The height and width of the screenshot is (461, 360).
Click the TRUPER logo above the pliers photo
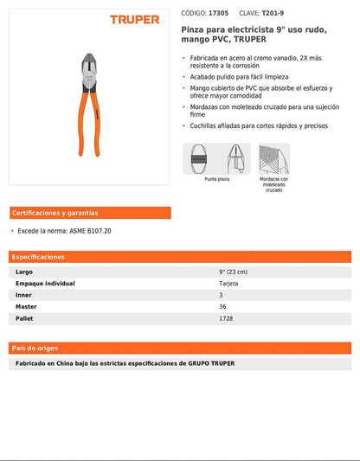point(134,18)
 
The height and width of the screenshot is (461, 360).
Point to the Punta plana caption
point(217,179)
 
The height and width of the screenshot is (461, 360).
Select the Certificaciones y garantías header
point(55,213)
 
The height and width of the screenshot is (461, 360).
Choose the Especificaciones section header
point(38,257)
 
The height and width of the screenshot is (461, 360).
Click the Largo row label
point(24,272)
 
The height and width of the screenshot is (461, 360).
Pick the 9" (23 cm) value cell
point(234,272)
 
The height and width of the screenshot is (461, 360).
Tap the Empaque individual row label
point(45,283)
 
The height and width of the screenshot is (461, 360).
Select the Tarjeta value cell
point(228,283)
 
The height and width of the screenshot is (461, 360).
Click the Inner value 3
point(221,295)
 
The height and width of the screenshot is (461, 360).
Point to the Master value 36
point(222,306)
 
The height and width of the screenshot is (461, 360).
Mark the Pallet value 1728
point(226,318)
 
